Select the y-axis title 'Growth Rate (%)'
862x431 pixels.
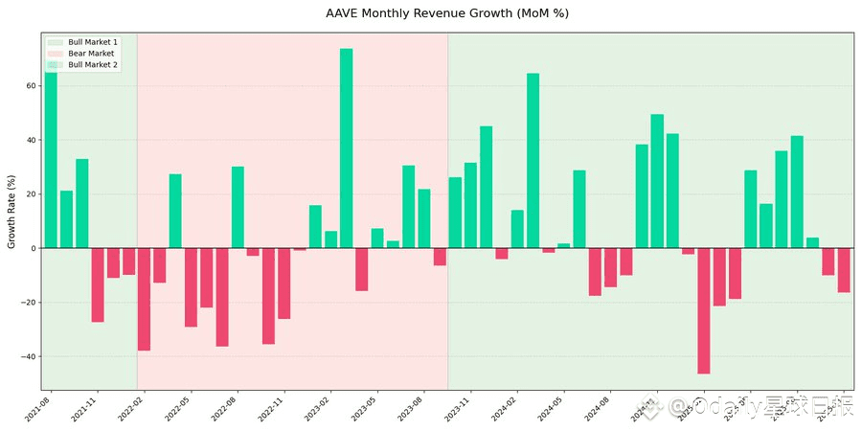coord(11,212)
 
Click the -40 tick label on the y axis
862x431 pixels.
coord(28,356)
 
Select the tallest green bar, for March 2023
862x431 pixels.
coord(346,148)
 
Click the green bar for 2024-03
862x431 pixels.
coord(533,161)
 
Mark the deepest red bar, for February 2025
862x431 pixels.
coord(703,310)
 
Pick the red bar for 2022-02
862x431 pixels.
coord(144,299)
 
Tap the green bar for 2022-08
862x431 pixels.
coord(238,208)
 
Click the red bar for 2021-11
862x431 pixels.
coord(98,284)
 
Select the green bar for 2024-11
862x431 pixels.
coord(657,181)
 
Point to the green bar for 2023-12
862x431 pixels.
coord(486,187)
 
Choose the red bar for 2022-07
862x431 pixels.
coord(222,297)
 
